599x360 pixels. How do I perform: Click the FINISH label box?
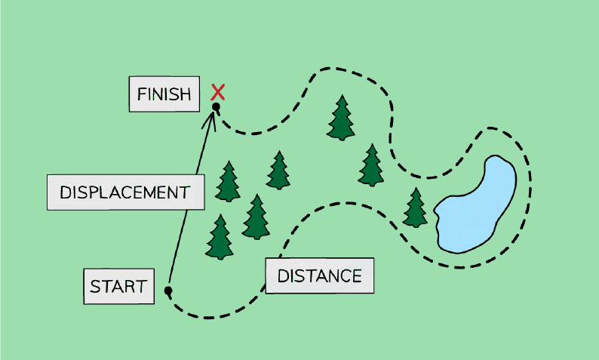(x=164, y=94)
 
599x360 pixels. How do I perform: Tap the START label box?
(x=118, y=286)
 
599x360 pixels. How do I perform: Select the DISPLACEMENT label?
(x=126, y=192)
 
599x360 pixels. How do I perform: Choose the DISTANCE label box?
(x=320, y=275)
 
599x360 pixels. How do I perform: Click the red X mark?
(x=218, y=92)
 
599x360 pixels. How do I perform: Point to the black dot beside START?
(x=168, y=291)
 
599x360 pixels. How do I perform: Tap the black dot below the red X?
(x=217, y=106)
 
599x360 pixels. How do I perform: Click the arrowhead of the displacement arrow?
(x=211, y=119)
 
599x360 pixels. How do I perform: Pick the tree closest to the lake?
(x=415, y=208)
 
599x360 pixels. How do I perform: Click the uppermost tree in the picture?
(x=341, y=118)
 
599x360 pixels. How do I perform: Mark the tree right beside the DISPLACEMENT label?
(x=228, y=182)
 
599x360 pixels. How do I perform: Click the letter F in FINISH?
(x=141, y=94)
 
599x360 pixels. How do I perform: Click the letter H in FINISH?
(x=185, y=94)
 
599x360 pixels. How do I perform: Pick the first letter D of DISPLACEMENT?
(x=66, y=192)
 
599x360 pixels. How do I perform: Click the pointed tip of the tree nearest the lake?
(x=416, y=188)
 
